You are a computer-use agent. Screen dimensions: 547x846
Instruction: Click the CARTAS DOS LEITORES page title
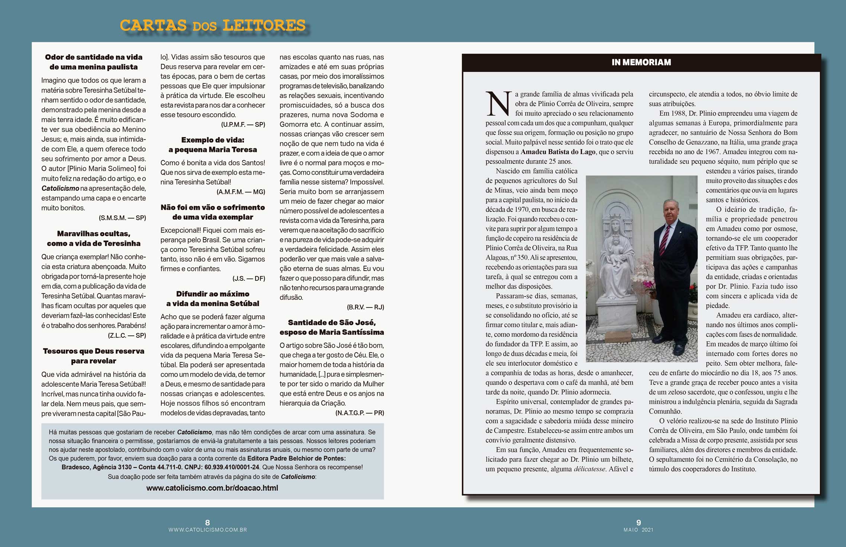[212, 26]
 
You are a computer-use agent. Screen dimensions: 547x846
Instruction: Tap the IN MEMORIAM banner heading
[641, 62]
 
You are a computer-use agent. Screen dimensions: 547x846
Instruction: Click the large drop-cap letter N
[498, 103]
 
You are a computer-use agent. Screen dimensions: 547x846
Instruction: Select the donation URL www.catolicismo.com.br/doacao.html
[212, 488]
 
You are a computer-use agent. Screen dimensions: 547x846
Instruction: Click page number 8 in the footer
[208, 522]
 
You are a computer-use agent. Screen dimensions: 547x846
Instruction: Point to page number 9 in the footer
[638, 522]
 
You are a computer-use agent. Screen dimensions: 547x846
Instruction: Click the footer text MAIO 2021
[638, 530]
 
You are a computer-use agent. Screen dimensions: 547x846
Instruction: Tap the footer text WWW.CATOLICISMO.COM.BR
[208, 530]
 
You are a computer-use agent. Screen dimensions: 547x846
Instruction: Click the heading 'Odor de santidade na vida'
[94, 57]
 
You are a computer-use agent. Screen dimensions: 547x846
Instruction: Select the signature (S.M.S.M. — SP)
[122, 218]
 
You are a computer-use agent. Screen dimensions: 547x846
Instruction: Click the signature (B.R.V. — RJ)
[365, 307]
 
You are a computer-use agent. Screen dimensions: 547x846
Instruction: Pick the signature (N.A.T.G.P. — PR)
[360, 413]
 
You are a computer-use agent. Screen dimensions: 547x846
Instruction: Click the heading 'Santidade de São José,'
[332, 322]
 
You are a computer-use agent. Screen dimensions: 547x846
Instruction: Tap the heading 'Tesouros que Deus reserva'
[94, 351]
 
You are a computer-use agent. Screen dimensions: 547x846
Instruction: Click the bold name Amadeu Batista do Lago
[558, 152]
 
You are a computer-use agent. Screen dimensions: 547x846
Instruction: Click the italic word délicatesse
[589, 469]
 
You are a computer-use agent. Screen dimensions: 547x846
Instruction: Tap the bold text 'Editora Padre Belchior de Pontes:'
[296, 458]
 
